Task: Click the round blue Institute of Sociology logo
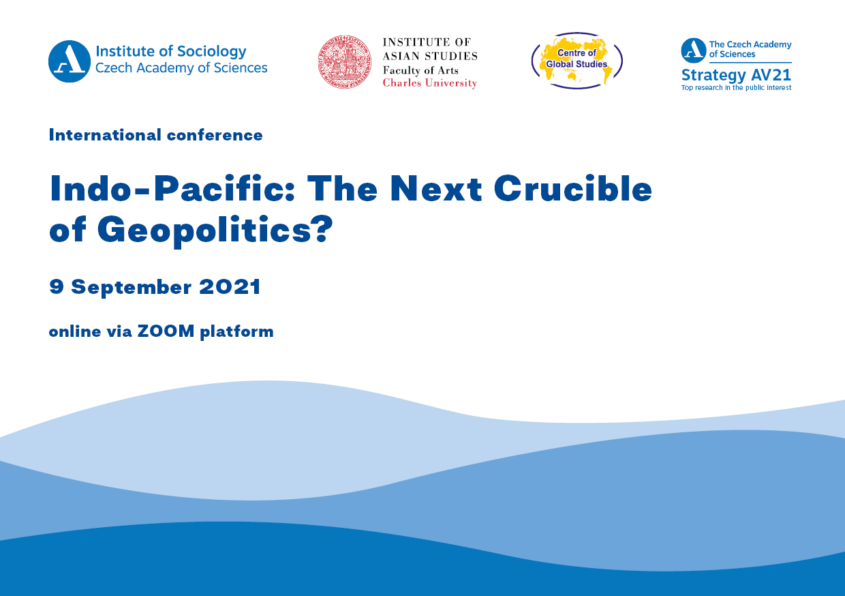(x=70, y=61)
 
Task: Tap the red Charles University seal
(x=344, y=62)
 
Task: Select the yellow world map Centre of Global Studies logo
(x=577, y=61)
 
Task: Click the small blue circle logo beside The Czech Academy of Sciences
(x=693, y=50)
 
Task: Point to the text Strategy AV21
(x=736, y=76)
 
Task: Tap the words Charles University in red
(x=430, y=83)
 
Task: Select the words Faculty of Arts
(x=420, y=70)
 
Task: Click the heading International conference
(x=156, y=135)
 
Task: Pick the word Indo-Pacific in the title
(x=172, y=188)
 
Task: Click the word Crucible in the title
(x=572, y=188)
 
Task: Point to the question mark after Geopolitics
(x=322, y=228)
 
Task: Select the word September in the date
(x=132, y=288)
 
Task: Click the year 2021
(x=230, y=286)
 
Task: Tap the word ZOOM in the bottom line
(x=166, y=331)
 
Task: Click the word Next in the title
(x=435, y=188)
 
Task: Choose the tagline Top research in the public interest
(x=736, y=88)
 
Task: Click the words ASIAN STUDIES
(x=430, y=56)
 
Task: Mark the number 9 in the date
(x=56, y=286)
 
